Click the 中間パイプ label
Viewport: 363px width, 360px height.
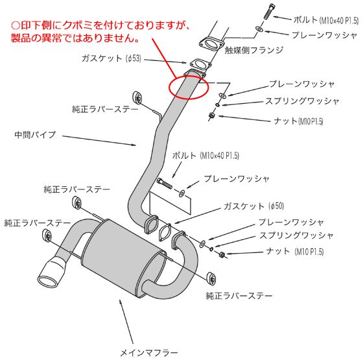[35, 135]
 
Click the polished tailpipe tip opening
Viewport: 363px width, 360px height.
[50, 282]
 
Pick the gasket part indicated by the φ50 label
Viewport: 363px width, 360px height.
[165, 234]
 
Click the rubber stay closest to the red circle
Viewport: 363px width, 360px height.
[138, 96]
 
